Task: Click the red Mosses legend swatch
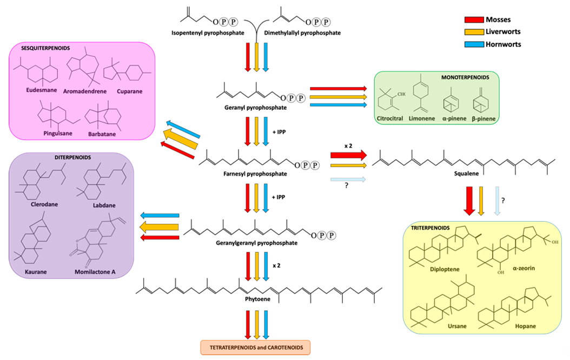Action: click(474, 19)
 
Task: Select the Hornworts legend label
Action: click(503, 44)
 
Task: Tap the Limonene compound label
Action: click(422, 118)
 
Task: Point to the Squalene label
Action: click(466, 174)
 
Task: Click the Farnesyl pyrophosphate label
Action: click(255, 174)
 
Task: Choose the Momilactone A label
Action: click(95, 272)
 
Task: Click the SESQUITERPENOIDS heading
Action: click(45, 48)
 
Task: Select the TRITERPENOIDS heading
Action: click(430, 228)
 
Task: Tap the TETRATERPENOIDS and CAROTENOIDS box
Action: click(256, 347)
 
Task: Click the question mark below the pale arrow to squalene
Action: click(347, 185)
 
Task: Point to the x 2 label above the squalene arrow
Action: click(348, 145)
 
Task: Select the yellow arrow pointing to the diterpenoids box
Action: click(159, 228)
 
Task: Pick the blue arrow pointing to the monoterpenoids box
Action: click(339, 105)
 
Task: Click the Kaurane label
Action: click(36, 272)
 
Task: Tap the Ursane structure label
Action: click(457, 326)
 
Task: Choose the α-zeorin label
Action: click(524, 268)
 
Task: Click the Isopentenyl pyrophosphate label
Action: click(208, 33)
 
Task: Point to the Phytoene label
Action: click(258, 299)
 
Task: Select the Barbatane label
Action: click(102, 134)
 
